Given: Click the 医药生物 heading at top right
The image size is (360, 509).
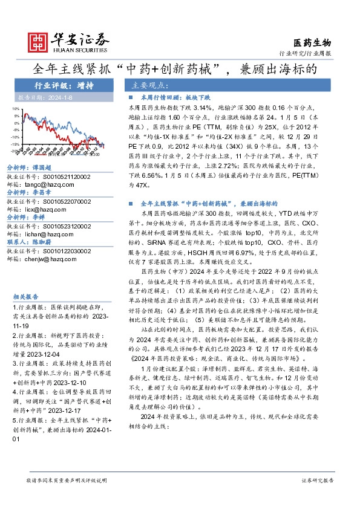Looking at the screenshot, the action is click(x=312, y=42).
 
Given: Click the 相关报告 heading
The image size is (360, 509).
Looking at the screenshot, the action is click(x=25, y=297).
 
